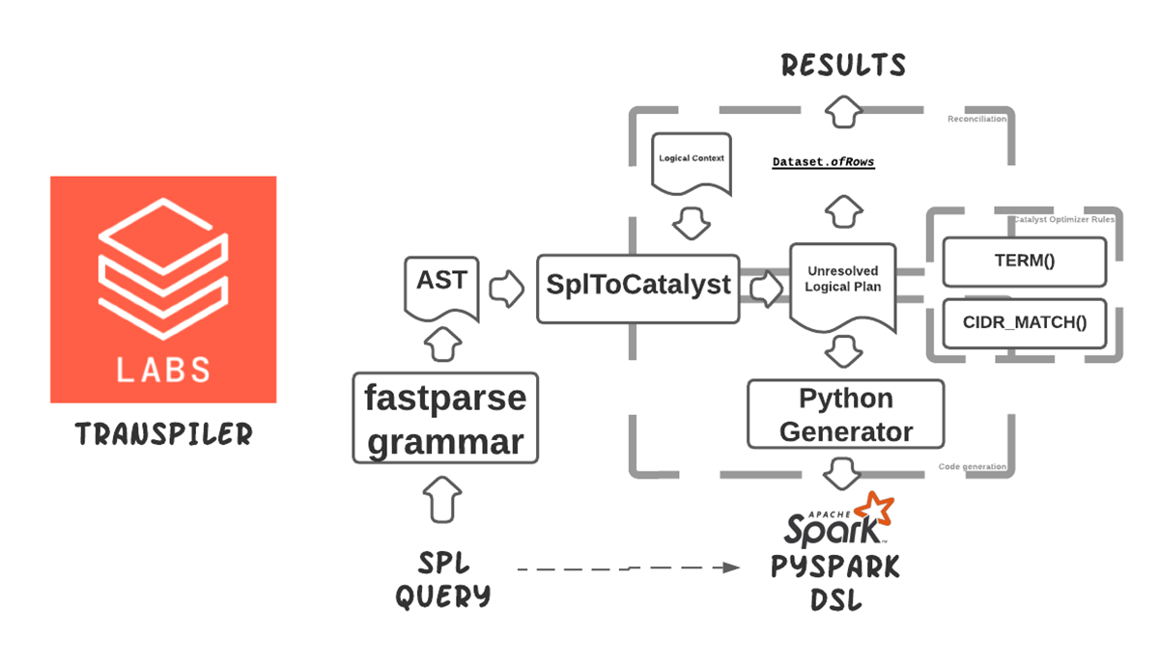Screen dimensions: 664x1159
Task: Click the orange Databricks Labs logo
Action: click(x=163, y=289)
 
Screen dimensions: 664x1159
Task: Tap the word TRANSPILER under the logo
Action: click(x=163, y=436)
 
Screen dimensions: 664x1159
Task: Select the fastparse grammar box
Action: click(x=445, y=419)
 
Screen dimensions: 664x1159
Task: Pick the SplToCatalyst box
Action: click(x=638, y=288)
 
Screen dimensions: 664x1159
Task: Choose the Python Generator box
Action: click(x=845, y=414)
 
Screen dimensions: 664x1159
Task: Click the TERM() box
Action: click(x=1023, y=262)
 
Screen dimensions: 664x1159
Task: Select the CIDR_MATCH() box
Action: click(x=1024, y=323)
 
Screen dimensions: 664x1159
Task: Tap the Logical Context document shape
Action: click(x=692, y=161)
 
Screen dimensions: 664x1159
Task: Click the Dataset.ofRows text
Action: click(x=823, y=162)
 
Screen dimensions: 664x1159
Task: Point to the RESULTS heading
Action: click(x=843, y=66)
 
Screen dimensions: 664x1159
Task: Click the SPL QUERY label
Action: click(x=443, y=580)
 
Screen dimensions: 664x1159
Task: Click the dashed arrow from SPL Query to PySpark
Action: click(x=628, y=569)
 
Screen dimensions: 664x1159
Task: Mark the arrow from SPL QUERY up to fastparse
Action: click(x=442, y=499)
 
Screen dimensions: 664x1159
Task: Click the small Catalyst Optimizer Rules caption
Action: click(x=1063, y=219)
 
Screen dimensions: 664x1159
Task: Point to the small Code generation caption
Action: click(x=972, y=467)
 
